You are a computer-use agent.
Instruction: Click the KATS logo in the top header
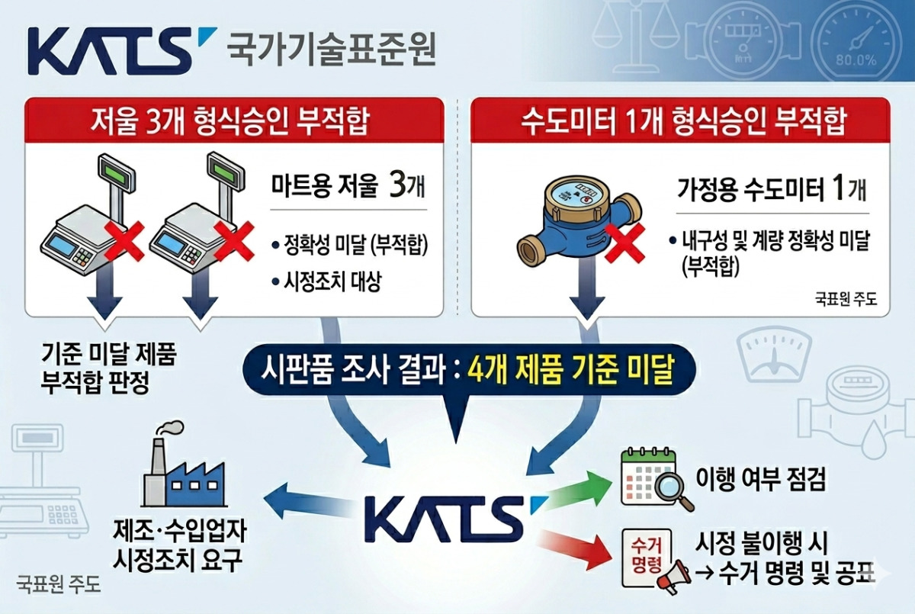point(122,50)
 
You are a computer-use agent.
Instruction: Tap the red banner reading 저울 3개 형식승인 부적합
point(234,121)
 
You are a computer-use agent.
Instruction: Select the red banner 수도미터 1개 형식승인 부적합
point(680,121)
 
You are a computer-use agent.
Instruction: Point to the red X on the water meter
point(624,243)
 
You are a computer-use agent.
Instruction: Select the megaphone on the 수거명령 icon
point(673,577)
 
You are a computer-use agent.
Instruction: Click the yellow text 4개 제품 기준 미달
point(570,370)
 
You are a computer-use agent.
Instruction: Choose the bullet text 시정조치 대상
point(332,281)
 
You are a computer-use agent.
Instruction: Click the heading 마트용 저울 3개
point(348,187)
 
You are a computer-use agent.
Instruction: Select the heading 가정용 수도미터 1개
point(772,191)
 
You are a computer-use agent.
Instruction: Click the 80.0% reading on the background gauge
point(856,61)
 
